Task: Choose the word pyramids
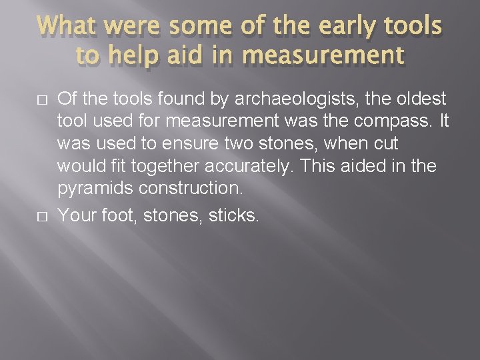click(95, 189)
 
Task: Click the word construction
click(191, 188)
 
